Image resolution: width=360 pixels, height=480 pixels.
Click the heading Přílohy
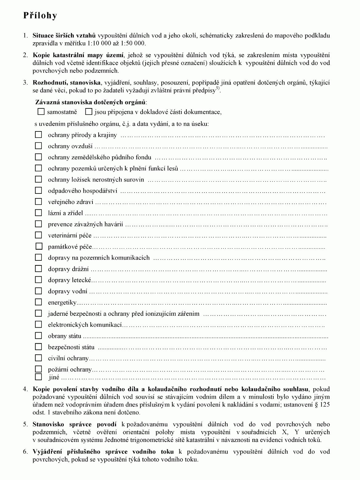tap(40, 16)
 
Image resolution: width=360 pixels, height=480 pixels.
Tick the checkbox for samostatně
tap(41, 112)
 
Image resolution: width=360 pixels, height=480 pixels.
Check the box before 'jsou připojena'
tap(89, 112)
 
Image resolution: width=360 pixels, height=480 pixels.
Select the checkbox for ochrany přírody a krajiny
tap(38, 135)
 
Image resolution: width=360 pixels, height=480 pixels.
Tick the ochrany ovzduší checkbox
tap(38, 146)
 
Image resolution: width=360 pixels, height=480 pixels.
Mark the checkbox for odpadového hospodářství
tap(38, 191)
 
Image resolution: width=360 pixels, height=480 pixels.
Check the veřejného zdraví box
tap(38, 202)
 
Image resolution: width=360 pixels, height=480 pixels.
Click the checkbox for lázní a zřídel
tap(38, 213)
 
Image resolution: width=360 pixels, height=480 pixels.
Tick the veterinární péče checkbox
tap(38, 235)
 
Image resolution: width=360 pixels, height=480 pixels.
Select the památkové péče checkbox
tap(39, 246)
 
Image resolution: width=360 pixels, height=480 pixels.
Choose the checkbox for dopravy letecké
tap(38, 280)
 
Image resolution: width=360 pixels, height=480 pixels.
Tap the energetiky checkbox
tap(38, 302)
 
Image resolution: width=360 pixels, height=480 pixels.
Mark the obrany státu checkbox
tap(38, 336)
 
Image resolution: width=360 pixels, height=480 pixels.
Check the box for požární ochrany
tap(38, 369)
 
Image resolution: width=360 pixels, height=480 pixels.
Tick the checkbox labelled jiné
tap(38, 377)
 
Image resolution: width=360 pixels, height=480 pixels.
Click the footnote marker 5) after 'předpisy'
tap(218, 89)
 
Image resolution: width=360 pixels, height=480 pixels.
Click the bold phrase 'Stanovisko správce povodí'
tap(75, 424)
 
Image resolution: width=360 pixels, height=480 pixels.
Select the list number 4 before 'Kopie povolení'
tap(25, 389)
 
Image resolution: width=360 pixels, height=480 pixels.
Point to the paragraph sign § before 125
tap(316, 405)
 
